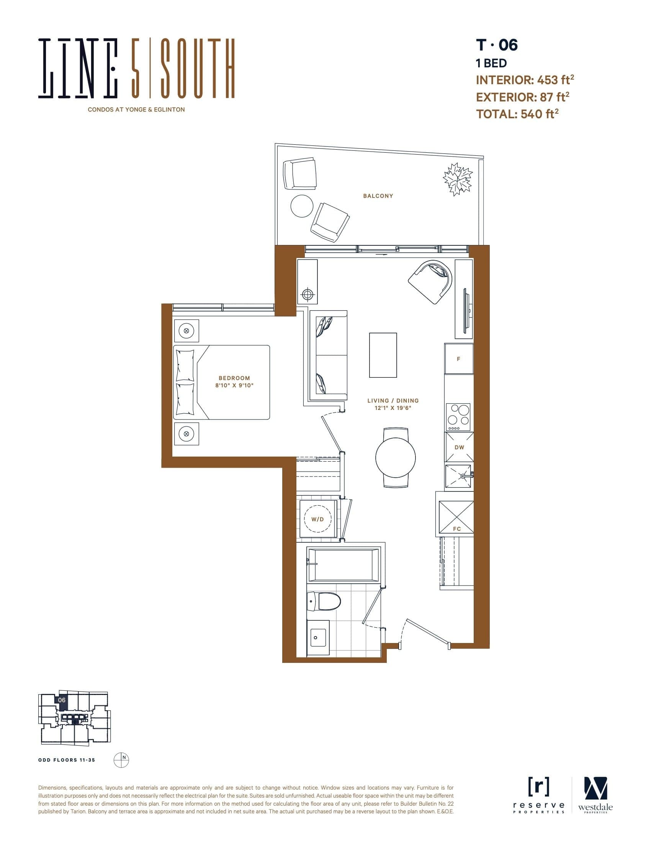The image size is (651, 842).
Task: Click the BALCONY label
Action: coord(378,196)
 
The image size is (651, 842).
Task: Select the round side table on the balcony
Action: coord(302,206)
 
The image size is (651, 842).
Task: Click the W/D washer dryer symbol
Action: coord(318,519)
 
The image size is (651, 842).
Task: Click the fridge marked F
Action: coord(458,359)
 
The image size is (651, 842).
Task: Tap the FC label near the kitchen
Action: coord(457,529)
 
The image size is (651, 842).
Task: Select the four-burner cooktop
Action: coord(458,417)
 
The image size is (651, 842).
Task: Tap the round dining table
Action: coord(395,458)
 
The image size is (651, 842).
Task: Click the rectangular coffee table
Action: coord(383,355)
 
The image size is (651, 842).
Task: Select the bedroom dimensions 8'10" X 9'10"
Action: coord(234,385)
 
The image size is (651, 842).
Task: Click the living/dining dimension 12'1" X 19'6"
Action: coord(393,408)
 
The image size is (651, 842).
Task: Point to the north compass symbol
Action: coord(121,759)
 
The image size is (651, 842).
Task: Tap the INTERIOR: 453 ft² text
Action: coord(525,80)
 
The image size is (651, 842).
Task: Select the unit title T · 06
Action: coord(497,45)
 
